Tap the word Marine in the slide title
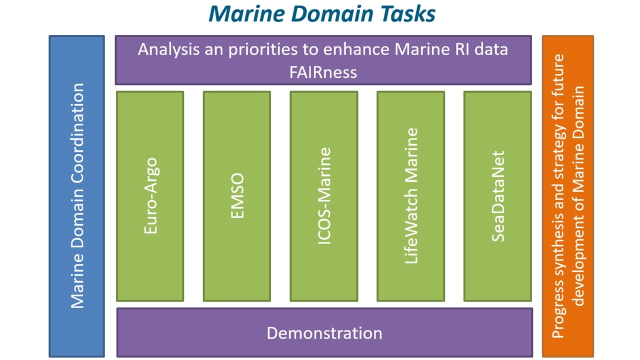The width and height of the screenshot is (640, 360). tap(247, 13)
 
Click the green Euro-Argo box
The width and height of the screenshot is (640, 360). tap(150, 196)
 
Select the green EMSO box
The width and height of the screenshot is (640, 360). tap(237, 196)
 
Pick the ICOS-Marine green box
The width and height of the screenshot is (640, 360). tap(324, 196)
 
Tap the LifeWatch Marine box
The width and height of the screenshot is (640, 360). tap(411, 196)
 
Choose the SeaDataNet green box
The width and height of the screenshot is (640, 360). tap(497, 196)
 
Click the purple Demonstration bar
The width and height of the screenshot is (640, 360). tap(324, 332)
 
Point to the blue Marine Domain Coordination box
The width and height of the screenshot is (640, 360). tap(77, 196)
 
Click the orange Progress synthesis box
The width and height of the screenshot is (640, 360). tap(568, 196)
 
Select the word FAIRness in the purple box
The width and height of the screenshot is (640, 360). tap(323, 72)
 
